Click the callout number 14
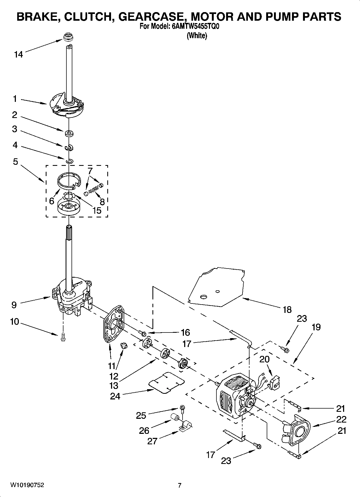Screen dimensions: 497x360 19,55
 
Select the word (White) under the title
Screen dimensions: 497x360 197,35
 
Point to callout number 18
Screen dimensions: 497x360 287,310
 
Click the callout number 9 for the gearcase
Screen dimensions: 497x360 14,305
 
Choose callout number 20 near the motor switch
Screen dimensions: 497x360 265,359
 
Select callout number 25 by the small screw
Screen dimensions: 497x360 141,416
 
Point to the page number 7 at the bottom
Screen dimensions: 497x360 180,485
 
